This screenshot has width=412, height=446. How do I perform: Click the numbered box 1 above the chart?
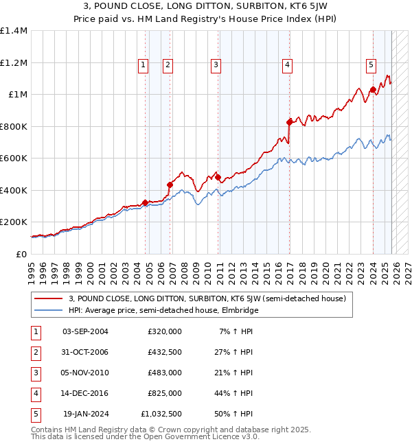[x=144, y=65]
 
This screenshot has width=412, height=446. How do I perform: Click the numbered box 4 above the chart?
[x=287, y=65]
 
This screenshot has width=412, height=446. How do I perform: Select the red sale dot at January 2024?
[x=373, y=89]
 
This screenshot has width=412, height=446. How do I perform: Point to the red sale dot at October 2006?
[x=170, y=185]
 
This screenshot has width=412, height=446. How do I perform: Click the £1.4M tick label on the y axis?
[x=14, y=31]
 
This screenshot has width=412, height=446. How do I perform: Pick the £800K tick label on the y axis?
[x=14, y=126]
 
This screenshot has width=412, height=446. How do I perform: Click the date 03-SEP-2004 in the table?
[x=85, y=331]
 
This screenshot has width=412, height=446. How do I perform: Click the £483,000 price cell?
[x=164, y=373]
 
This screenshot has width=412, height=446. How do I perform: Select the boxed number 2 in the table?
[x=36, y=352]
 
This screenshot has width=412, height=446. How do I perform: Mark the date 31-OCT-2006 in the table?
[x=85, y=352]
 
